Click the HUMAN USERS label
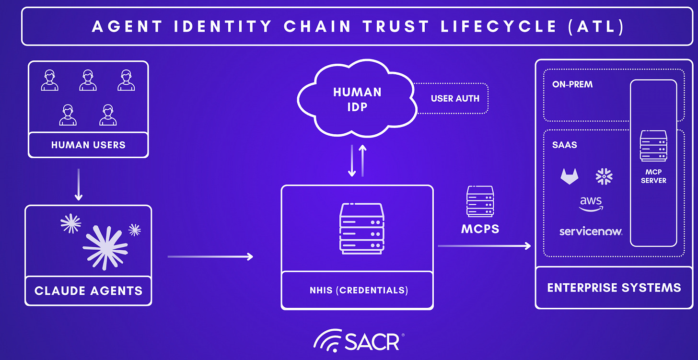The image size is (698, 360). click(88, 145)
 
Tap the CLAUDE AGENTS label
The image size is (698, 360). click(88, 290)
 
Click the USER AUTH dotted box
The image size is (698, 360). click(455, 99)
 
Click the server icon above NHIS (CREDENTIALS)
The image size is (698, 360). click(362, 228)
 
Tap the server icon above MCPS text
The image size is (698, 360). click(480, 201)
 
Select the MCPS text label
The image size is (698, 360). click(480, 229)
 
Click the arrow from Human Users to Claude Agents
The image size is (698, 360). click(79, 184)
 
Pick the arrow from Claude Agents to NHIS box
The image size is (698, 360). click(210, 257)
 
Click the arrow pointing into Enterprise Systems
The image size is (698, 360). click(484, 246)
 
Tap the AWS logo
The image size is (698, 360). click(591, 204)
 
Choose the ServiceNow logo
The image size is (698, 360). click(591, 232)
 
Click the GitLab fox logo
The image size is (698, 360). click(570, 177)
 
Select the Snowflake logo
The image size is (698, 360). click(604, 176)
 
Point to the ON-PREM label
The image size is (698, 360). click(572, 84)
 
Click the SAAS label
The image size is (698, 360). click(564, 145)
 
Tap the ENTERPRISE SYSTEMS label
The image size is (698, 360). click(614, 288)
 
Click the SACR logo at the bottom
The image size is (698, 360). click(360, 341)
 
